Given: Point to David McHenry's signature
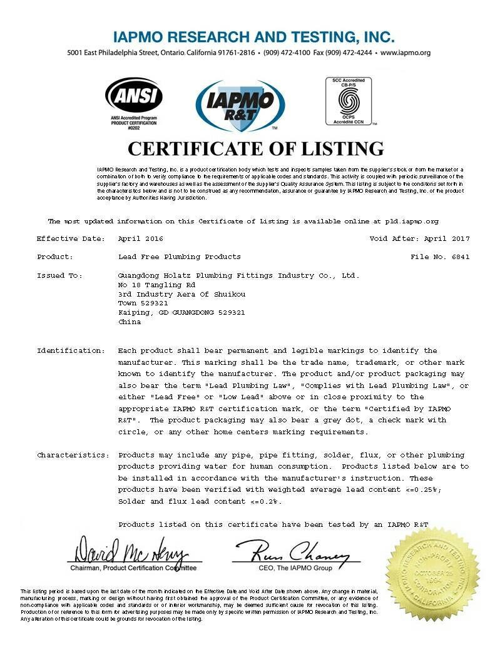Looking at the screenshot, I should coord(131,551).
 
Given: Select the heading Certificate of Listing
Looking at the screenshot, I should coord(255,149).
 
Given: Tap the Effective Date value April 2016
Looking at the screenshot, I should coord(141,238).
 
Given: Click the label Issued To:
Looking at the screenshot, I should coord(60,275).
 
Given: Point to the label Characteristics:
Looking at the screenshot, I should coord(72,455).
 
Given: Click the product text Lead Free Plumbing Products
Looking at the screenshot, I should coord(179,257).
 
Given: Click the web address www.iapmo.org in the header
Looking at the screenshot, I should coord(406,53).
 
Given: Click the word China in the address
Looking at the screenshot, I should coord(130,322).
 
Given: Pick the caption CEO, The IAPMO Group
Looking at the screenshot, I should coord(295,568).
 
